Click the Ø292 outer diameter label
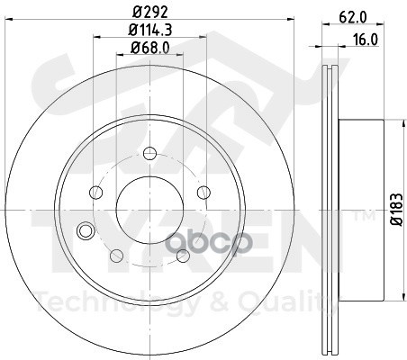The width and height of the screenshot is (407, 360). point(149,13)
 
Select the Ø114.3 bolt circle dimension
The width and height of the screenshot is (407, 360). point(149,30)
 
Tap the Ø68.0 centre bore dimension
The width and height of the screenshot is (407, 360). point(149,48)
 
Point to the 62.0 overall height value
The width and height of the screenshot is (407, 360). point(353,17)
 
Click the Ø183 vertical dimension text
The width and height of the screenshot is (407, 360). point(396,210)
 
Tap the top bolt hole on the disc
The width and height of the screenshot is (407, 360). point(149,154)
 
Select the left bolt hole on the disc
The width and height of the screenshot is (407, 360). point(96,193)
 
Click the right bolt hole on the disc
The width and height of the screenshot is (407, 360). point(203,193)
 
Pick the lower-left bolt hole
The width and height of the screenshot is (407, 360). point(117,256)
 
